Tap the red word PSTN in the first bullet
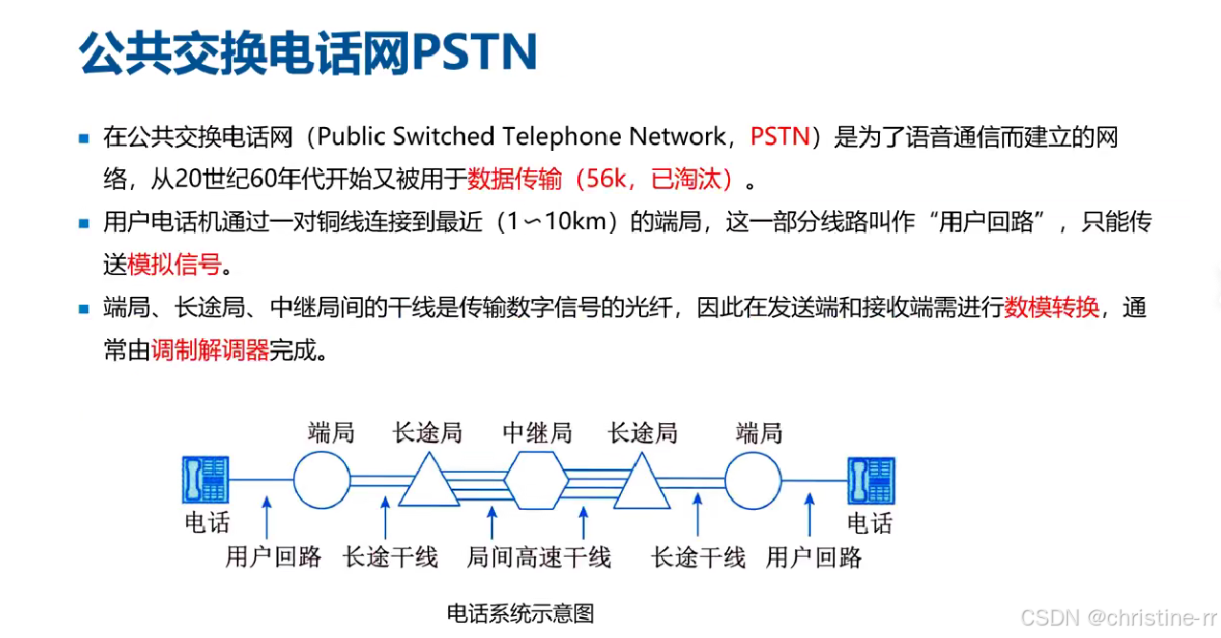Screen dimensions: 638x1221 pyautogui.click(x=780, y=137)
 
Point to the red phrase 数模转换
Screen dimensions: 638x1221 pyautogui.click(x=1051, y=308)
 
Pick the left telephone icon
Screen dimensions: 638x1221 pyautogui.click(x=206, y=479)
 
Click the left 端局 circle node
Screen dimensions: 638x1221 pyautogui.click(x=322, y=479)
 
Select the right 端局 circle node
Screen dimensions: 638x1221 pyautogui.click(x=754, y=479)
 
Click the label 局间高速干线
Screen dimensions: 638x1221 pyautogui.click(x=539, y=558)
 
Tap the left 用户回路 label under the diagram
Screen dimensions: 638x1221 pyautogui.click(x=273, y=558)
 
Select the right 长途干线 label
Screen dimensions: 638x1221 pyautogui.click(x=698, y=558)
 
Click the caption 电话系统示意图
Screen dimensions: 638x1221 pyautogui.click(x=521, y=613)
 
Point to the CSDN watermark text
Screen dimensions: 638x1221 pyautogui.click(x=1119, y=618)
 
